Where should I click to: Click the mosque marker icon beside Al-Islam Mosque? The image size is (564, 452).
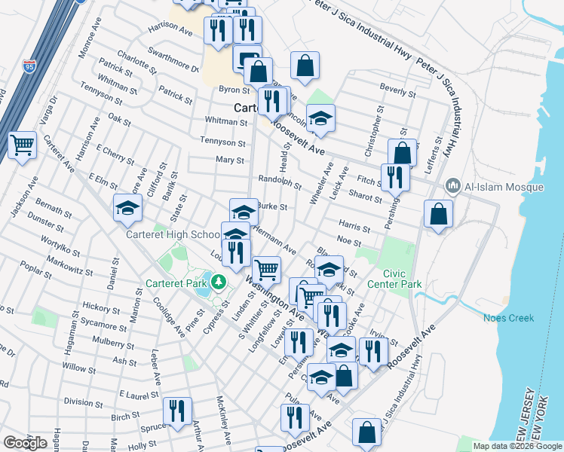pos(453,185)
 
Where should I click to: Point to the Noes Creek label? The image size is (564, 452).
pos(508,318)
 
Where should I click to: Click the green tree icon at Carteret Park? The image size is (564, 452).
pos(219,282)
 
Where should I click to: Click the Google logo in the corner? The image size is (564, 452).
pos(25,442)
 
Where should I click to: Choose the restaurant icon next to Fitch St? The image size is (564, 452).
pos(395,176)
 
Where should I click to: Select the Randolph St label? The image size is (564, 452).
pos(280,183)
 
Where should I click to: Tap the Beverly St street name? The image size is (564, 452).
pos(398,92)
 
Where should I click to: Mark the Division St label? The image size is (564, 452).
pos(83,402)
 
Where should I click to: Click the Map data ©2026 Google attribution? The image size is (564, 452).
pos(516,446)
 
